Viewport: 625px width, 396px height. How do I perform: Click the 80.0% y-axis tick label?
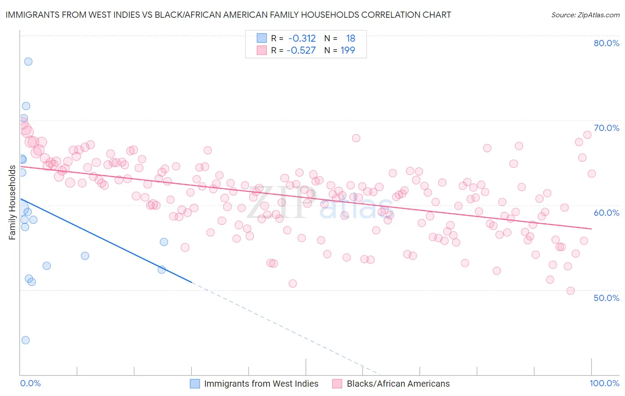(x=606, y=43)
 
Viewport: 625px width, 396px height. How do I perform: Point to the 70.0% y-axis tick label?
(x=606, y=128)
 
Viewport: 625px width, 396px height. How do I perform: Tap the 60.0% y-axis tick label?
(x=606, y=213)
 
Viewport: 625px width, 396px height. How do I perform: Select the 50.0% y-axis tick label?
(x=606, y=297)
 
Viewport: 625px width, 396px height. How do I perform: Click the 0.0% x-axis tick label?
(x=30, y=383)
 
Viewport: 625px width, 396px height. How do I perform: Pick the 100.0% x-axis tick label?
(x=604, y=383)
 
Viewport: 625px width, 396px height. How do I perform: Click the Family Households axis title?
(x=12, y=202)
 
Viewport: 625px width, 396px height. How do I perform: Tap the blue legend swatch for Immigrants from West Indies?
(x=195, y=384)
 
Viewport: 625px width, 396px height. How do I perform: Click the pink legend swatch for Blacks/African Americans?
(x=337, y=384)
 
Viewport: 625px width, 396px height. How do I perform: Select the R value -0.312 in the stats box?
(x=302, y=38)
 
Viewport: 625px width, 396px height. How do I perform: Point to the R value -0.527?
(x=301, y=50)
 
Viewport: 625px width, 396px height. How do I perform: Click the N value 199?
(x=348, y=50)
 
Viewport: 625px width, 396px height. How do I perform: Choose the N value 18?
(x=351, y=38)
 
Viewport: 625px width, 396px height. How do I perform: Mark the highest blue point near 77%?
(x=28, y=62)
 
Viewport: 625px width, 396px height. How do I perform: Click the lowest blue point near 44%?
(x=25, y=340)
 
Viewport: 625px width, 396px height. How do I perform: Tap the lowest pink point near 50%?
(x=570, y=291)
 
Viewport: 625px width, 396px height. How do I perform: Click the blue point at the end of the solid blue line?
(x=162, y=269)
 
